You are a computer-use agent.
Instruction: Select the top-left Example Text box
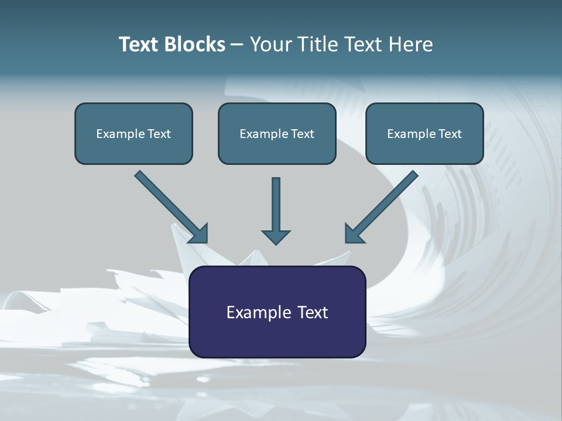[x=133, y=133]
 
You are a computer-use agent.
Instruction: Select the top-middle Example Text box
[x=277, y=133]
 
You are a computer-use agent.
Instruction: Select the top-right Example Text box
[x=424, y=133]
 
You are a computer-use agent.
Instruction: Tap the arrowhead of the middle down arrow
[x=276, y=237]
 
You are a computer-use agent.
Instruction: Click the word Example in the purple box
[x=255, y=312]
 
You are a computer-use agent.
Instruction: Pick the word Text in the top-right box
[x=450, y=133]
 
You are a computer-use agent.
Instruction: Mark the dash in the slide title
[x=237, y=45]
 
